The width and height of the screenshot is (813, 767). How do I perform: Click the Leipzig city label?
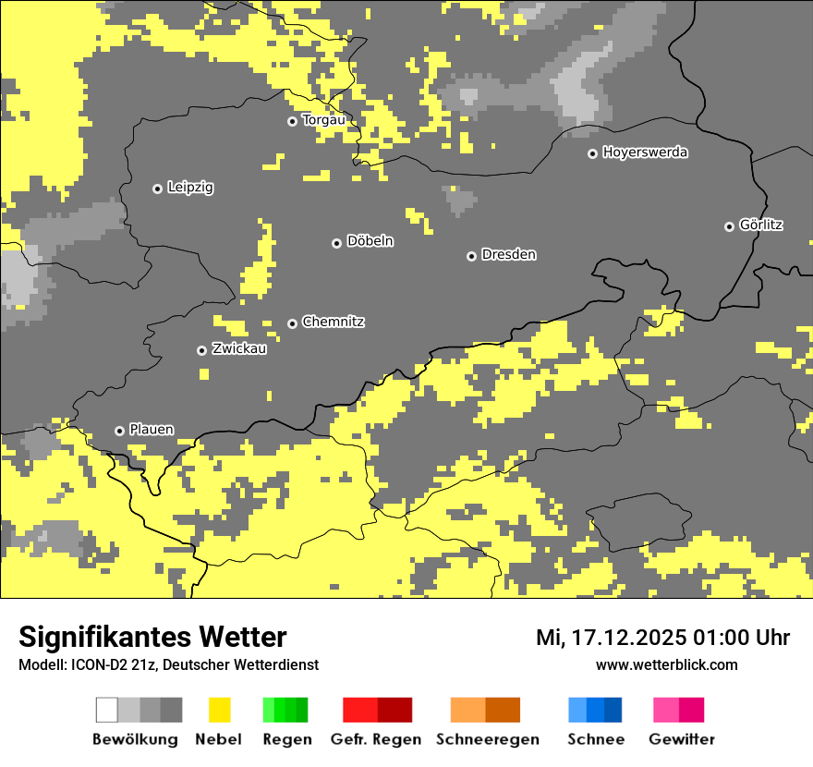coord(190,188)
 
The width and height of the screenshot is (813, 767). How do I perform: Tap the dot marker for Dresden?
coord(471,256)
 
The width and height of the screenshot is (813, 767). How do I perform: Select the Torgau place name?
coord(323,120)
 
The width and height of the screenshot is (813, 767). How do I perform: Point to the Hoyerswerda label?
coord(645,152)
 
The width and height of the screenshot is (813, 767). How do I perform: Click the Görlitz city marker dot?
coord(729,226)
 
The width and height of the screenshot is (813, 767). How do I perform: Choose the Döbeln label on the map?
coord(370,241)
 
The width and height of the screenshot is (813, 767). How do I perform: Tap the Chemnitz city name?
coord(333,322)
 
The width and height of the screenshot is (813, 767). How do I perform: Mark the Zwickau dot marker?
coord(201,350)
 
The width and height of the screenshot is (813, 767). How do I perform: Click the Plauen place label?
coord(152,430)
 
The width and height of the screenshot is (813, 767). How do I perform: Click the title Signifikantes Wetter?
coord(152,637)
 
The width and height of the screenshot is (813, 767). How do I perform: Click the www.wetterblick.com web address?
coord(666,664)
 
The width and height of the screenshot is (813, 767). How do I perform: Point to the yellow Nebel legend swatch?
coord(219,710)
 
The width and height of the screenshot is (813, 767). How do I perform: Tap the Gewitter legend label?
coord(681,739)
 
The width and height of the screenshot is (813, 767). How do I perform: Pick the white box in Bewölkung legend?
coord(107,710)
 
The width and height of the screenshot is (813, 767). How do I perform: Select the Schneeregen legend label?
coord(487,739)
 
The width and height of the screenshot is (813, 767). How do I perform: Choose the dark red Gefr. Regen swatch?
coord(394,710)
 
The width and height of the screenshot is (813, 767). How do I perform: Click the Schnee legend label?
coord(595,739)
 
